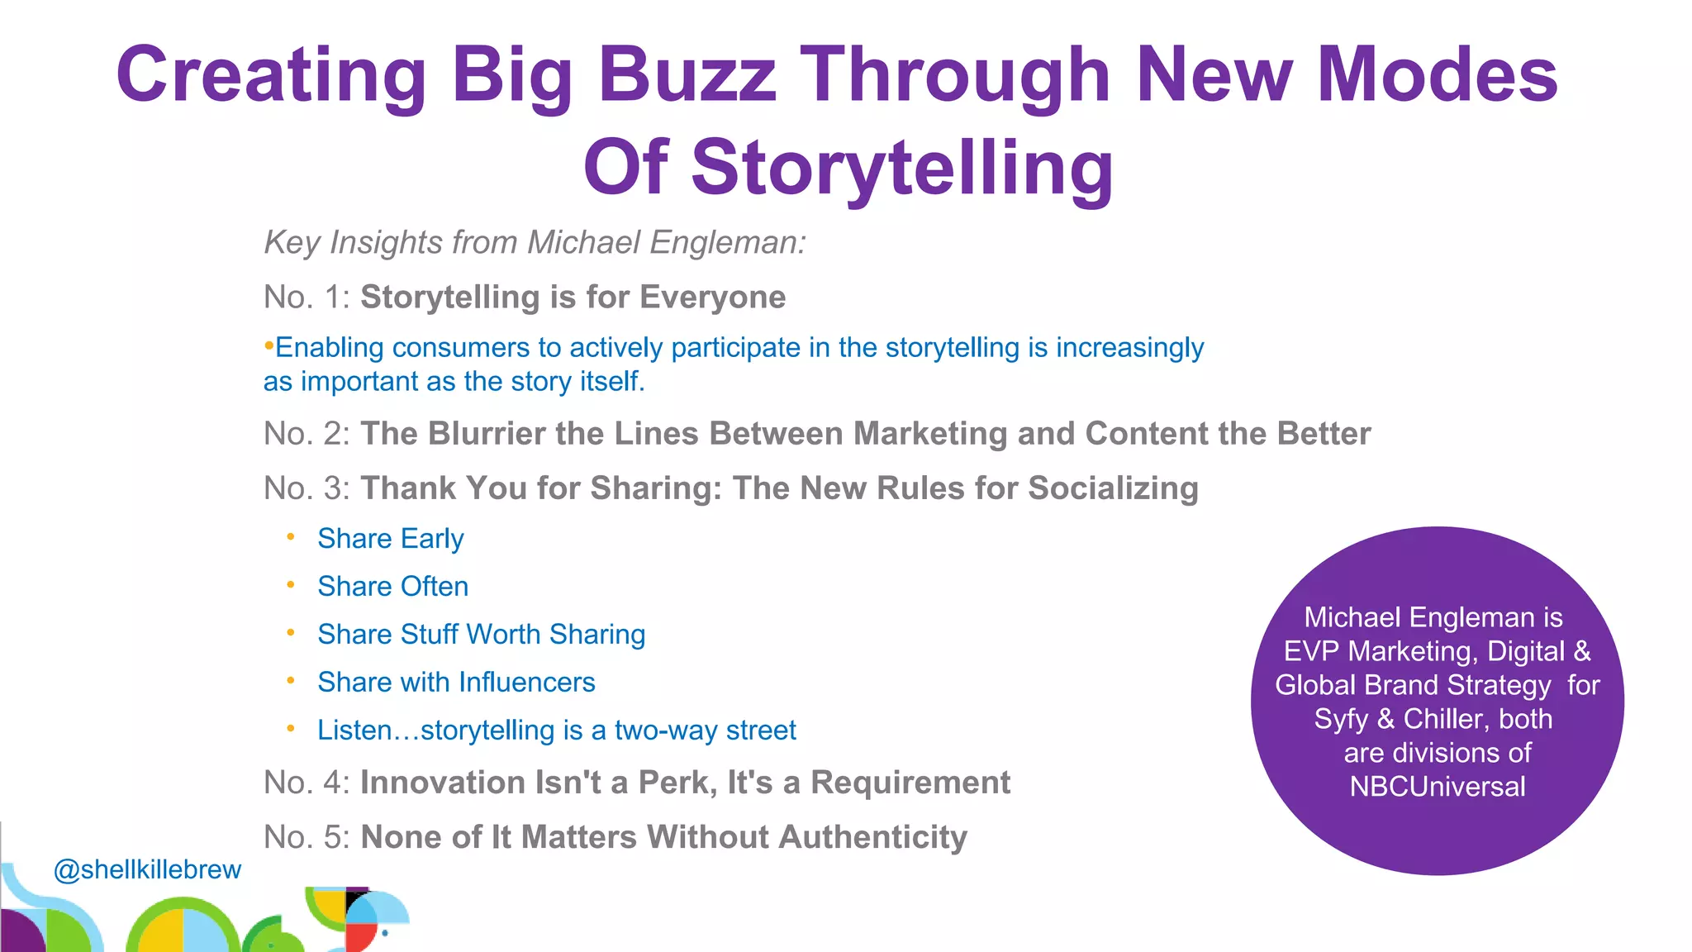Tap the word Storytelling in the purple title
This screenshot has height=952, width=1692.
[902, 169]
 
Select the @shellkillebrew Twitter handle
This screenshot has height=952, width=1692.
[147, 869]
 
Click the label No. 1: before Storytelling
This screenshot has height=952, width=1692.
[307, 297]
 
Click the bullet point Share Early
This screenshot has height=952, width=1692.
[390, 539]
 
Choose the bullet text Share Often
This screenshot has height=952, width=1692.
[392, 587]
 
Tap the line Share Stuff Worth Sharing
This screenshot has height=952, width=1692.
[481, 635]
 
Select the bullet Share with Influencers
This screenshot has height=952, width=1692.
[456, 683]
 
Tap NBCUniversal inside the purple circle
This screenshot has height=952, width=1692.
[1438, 787]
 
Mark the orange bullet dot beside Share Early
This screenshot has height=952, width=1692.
[291, 537]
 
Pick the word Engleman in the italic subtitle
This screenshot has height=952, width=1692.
[727, 243]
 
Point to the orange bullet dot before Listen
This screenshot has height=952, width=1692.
[291, 729]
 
